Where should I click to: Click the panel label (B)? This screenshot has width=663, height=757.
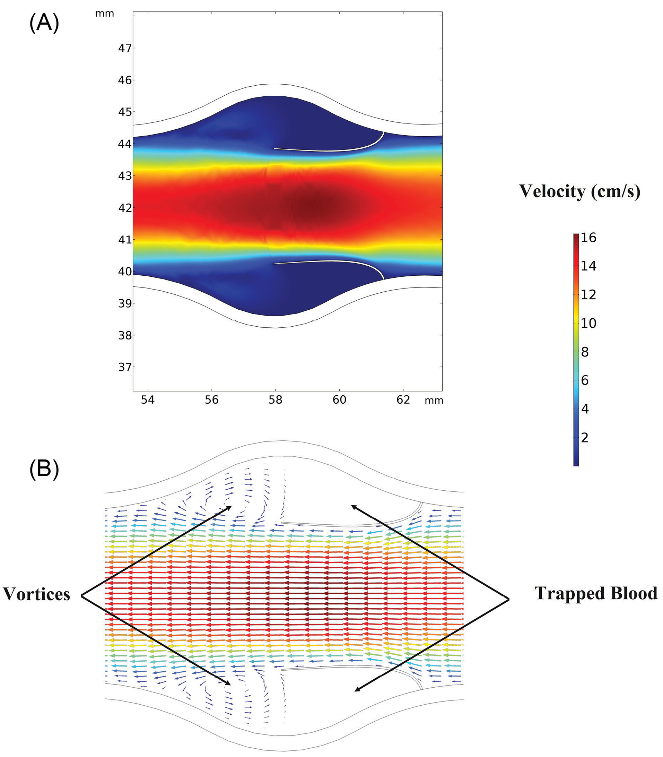tap(44, 470)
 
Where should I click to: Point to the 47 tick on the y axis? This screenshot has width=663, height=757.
tap(125, 48)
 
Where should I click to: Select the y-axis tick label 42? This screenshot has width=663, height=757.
tap(125, 208)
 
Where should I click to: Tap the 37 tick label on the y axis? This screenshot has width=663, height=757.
tap(125, 367)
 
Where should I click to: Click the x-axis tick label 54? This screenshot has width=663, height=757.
tap(148, 400)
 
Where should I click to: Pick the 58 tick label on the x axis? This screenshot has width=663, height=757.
tap(275, 400)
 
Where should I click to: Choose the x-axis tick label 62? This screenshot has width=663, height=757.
tap(403, 400)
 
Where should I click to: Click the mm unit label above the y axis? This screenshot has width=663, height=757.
tap(105, 14)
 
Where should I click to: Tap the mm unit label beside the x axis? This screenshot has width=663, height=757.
tap(434, 400)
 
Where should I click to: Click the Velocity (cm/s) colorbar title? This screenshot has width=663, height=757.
tap(580, 191)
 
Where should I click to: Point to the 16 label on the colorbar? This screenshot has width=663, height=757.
tap(588, 237)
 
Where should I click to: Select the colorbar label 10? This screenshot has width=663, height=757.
tap(588, 323)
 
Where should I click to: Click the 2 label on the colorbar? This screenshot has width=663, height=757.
tap(585, 438)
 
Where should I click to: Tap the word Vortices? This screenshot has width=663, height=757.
tap(36, 594)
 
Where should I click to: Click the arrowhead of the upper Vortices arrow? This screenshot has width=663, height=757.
tap(230, 507)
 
